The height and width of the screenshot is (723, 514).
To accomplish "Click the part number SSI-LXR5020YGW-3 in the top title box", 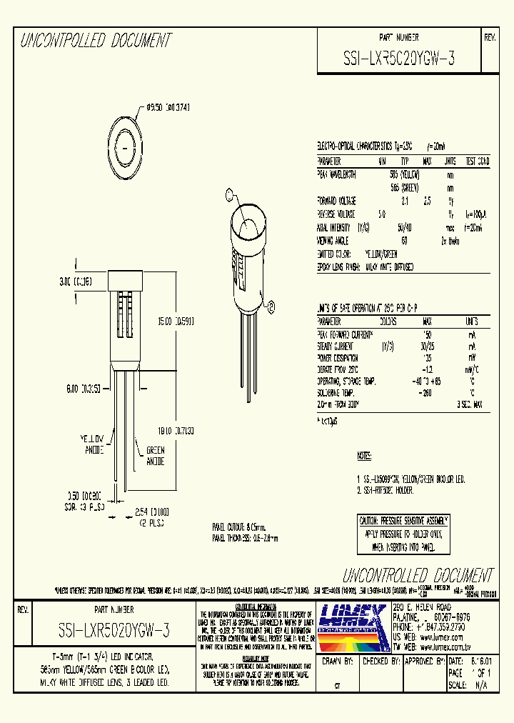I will (399, 61).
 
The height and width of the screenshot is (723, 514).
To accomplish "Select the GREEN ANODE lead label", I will (155, 456).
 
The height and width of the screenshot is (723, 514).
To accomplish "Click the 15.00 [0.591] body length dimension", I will (175, 321).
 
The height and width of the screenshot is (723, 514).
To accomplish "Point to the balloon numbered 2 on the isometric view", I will (229, 193).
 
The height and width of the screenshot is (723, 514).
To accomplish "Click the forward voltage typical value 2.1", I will (404, 202).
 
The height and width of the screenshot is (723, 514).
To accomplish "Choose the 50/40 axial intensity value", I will (404, 228).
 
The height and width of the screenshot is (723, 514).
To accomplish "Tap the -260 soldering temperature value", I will (427, 393).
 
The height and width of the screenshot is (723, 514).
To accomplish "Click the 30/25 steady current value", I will (428, 347).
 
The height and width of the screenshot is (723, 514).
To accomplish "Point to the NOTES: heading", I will (364, 456).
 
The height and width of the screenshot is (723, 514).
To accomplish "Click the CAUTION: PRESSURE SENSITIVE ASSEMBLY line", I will (405, 521).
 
